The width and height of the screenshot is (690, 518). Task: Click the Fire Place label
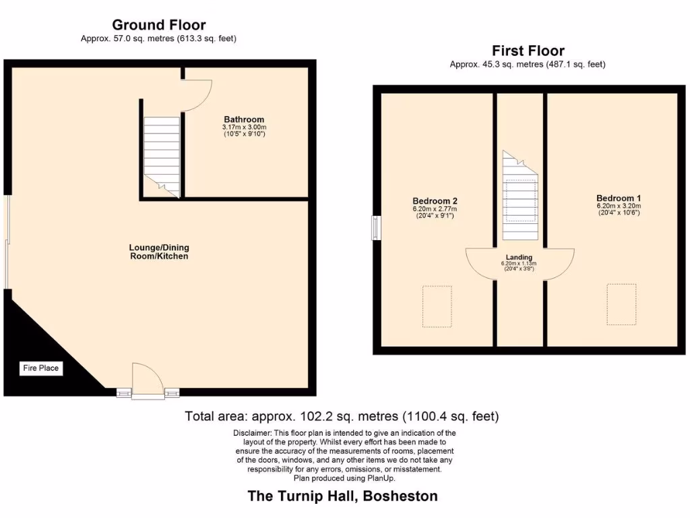(41, 368)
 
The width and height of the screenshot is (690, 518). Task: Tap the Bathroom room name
(244, 119)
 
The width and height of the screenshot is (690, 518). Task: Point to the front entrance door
(148, 381)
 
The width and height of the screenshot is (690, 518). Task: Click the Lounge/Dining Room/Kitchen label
(159, 252)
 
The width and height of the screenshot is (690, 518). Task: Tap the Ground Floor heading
(159, 26)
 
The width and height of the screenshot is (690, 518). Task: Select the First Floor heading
(528, 51)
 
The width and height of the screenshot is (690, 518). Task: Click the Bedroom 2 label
(435, 201)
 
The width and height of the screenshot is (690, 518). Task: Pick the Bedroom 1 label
(618, 198)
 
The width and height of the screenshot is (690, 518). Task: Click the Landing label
(520, 257)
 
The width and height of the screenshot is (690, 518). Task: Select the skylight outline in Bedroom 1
(621, 304)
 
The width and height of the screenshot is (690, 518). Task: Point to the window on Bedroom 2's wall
(376, 227)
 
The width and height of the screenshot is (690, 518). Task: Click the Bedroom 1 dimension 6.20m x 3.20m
(618, 206)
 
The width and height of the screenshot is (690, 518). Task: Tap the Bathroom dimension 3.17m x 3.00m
(244, 127)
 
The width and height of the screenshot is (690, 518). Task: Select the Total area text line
(342, 416)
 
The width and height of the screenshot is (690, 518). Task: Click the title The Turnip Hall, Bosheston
(343, 496)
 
